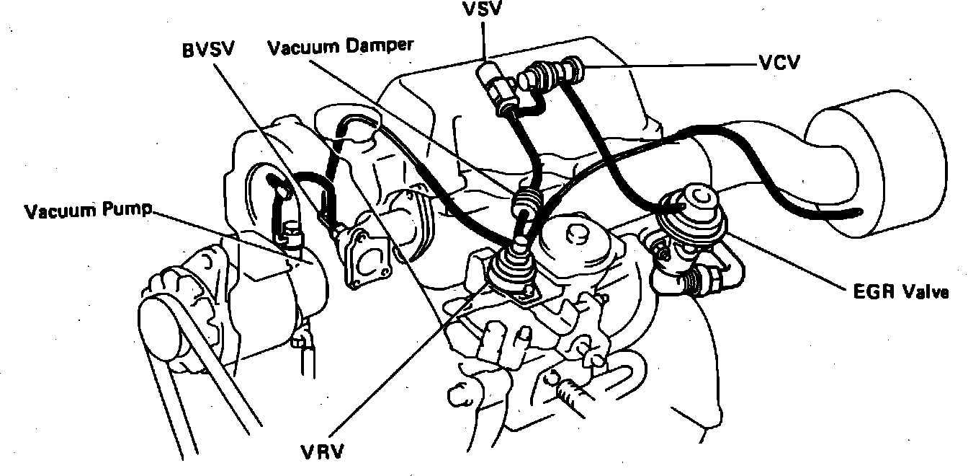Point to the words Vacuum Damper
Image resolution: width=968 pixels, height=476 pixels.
point(340,47)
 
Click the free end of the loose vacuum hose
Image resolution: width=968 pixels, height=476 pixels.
point(857,212)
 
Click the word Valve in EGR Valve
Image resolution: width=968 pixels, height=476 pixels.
point(923,292)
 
